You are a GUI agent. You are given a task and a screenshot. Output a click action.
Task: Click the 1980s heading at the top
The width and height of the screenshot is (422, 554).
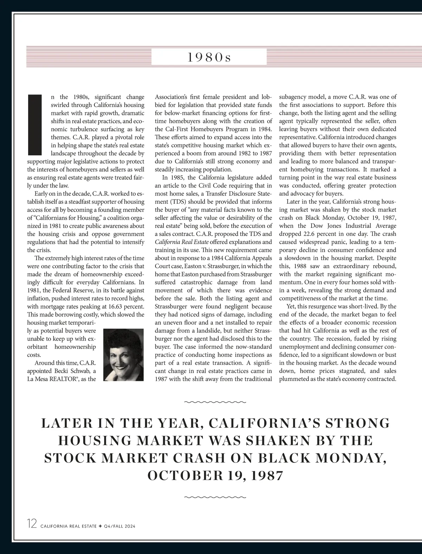209,57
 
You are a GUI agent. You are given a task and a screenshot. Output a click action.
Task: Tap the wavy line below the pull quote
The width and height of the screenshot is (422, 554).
216,497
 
